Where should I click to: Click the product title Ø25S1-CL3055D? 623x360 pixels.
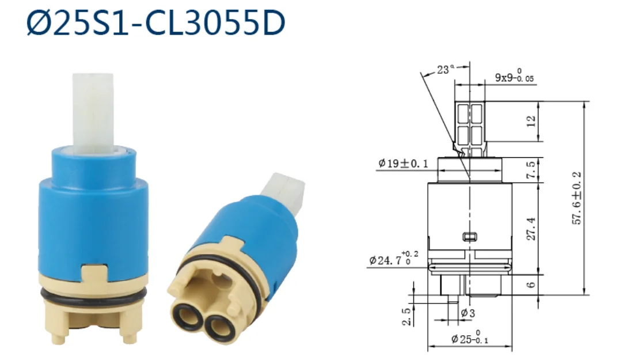click(155, 24)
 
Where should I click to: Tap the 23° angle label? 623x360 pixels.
click(443, 70)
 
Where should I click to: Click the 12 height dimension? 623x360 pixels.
click(531, 121)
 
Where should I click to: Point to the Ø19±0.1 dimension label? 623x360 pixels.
click(403, 164)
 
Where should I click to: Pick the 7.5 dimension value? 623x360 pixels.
click(531, 170)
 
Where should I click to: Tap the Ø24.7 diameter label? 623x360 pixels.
click(394, 259)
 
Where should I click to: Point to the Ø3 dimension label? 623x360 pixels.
click(468, 312)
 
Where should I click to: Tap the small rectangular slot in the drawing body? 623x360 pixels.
click(470, 236)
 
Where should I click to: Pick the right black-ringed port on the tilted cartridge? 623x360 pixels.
click(218, 327)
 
